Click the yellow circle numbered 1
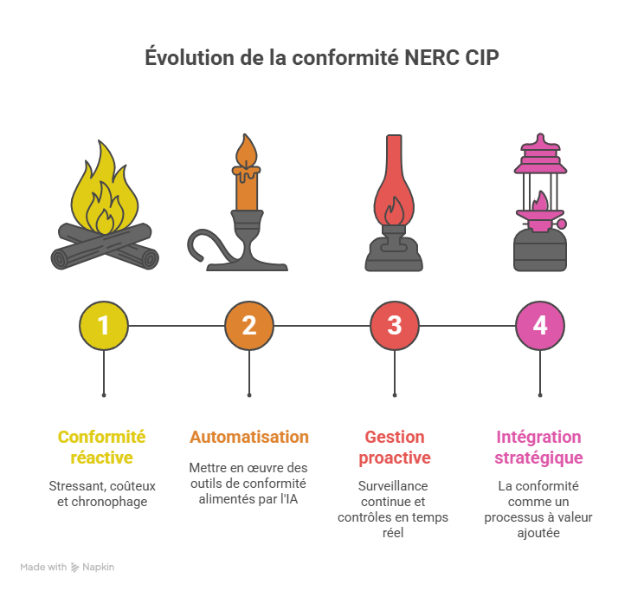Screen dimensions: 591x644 pyautogui.click(x=104, y=326)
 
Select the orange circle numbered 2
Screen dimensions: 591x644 pyautogui.click(x=249, y=326)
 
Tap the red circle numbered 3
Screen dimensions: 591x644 pyautogui.click(x=395, y=326)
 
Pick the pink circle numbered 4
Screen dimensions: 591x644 pyautogui.click(x=540, y=326)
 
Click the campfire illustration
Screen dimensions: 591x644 pyautogui.click(x=104, y=212)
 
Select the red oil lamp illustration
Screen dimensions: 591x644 pyautogui.click(x=395, y=208)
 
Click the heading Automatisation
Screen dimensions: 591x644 pyautogui.click(x=249, y=437)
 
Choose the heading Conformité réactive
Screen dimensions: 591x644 pyautogui.click(x=102, y=447)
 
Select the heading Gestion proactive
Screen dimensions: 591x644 pyautogui.click(x=395, y=447)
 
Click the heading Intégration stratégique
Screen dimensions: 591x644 pyautogui.click(x=538, y=447)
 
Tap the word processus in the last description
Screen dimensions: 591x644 pyautogui.click(x=514, y=517)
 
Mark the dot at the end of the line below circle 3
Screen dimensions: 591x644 pyautogui.click(x=395, y=395)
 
